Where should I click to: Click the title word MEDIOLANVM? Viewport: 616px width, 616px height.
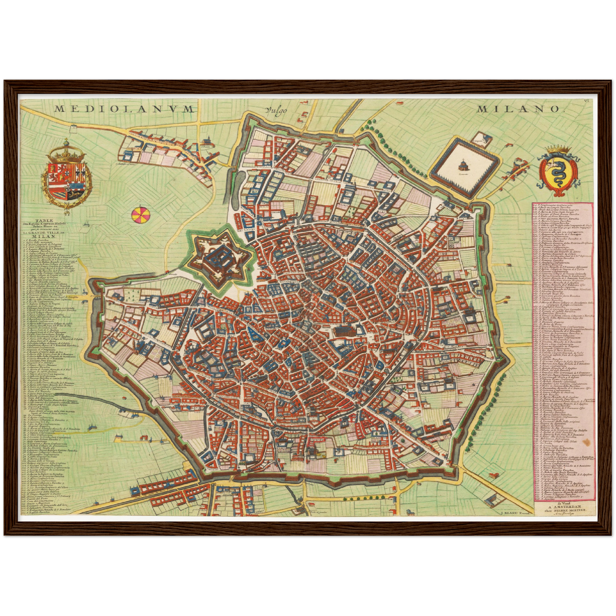[124, 109]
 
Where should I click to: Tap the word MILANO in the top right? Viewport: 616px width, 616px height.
[518, 109]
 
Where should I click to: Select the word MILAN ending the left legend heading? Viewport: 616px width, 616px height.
[43, 236]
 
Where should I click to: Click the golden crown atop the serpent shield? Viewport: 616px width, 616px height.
[558, 149]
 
